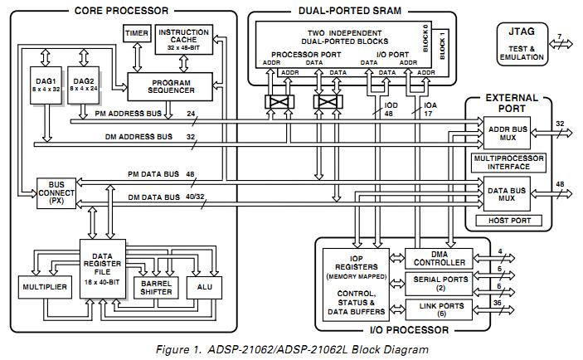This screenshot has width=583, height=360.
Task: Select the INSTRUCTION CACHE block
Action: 182,38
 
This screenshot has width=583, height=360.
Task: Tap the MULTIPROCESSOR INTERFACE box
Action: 507,162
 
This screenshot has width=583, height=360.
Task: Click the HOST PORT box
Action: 507,221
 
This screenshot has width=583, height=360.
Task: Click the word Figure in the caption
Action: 171,348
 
